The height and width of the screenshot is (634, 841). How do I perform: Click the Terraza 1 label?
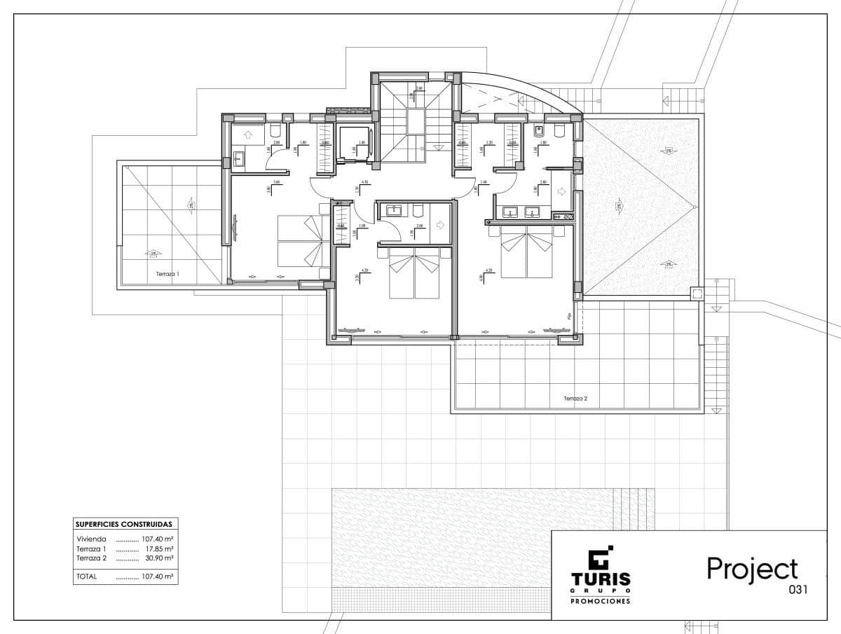click(x=167, y=275)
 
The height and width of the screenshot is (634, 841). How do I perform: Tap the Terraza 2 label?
click(x=575, y=399)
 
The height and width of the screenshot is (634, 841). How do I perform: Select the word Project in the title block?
click(x=752, y=568)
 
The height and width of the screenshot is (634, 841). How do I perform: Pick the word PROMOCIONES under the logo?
click(x=600, y=601)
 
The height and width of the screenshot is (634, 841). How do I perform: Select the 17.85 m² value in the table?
click(x=159, y=549)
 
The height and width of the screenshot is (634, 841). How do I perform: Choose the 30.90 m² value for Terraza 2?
click(x=159, y=558)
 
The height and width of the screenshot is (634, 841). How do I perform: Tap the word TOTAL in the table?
click(x=88, y=577)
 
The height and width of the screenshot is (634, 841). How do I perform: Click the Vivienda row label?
click(x=92, y=539)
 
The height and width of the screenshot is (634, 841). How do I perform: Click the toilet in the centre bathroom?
click(x=418, y=209)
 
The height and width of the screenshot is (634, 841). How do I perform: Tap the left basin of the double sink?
click(x=511, y=212)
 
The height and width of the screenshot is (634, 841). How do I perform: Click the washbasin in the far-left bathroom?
click(x=239, y=159)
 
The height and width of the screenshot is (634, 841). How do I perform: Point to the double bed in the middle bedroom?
click(x=415, y=275)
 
